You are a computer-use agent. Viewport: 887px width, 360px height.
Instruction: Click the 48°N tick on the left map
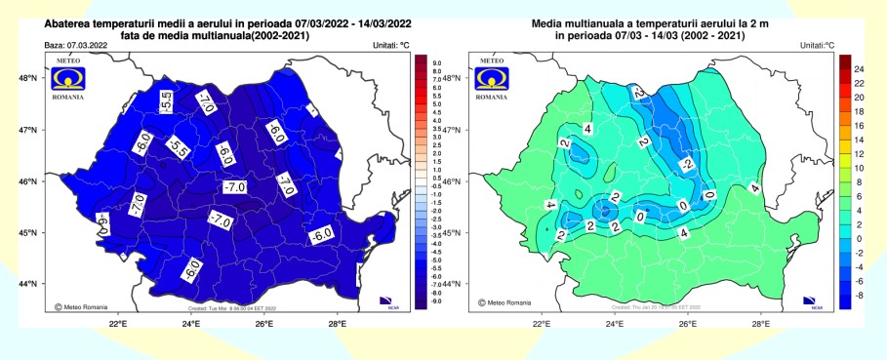[30, 78]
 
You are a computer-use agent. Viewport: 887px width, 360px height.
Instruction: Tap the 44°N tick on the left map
[30, 284]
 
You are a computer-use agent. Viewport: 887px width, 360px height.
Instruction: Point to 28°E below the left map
[337, 323]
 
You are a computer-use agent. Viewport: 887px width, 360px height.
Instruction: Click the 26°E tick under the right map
[687, 323]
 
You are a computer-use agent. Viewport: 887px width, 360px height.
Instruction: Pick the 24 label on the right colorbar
[862, 70]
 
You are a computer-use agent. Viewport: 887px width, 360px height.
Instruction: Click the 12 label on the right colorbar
[862, 154]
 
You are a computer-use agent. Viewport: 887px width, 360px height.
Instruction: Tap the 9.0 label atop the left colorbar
[437, 62]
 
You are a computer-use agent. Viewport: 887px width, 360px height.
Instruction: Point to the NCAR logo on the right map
[808, 300]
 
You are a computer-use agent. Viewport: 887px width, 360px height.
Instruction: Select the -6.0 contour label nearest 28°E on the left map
[322, 235]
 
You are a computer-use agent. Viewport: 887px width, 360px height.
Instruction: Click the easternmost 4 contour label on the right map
[754, 188]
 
